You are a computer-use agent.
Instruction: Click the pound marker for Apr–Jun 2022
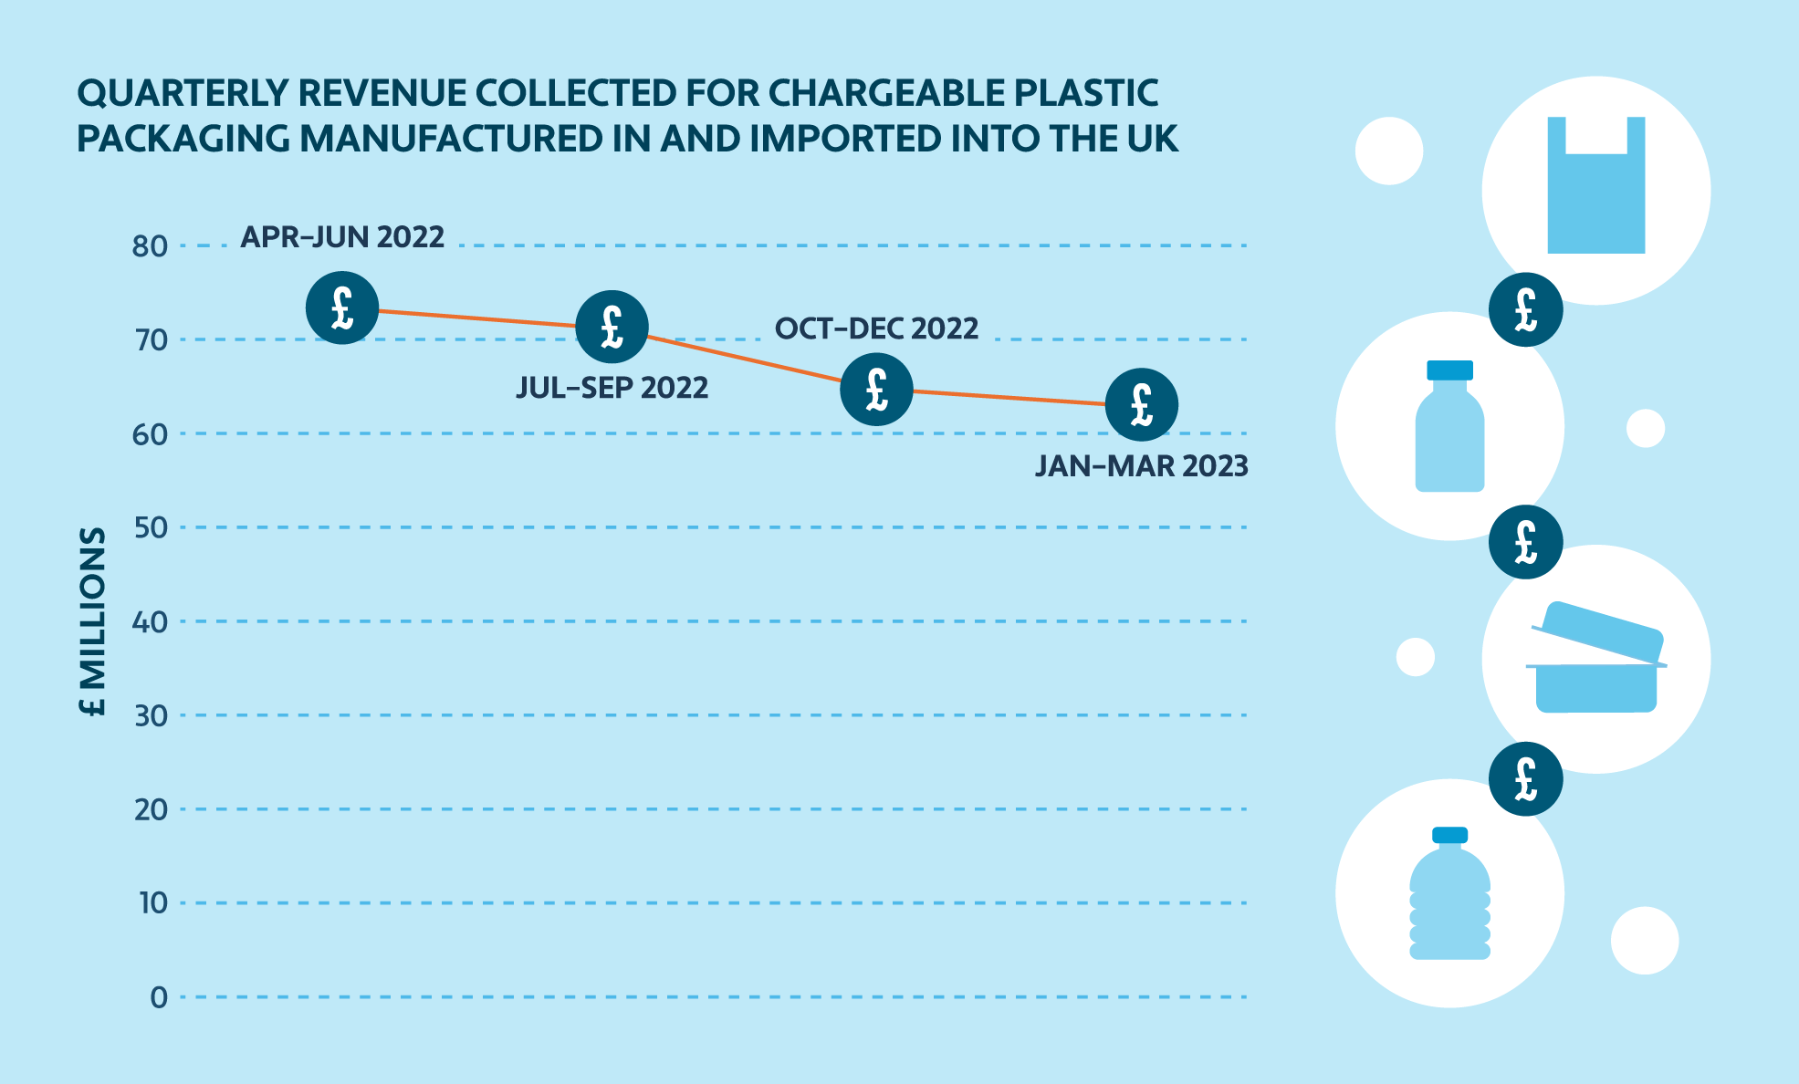point(342,307)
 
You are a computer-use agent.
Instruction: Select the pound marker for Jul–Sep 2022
point(612,327)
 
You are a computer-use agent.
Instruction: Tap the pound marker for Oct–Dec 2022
point(876,390)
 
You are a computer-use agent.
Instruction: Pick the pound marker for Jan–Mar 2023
point(1141,405)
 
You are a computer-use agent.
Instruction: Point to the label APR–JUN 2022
point(342,237)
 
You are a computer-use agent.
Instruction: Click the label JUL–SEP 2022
point(612,388)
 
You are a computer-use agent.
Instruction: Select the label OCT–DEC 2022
point(876,328)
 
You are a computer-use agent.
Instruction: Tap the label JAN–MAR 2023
point(1141,466)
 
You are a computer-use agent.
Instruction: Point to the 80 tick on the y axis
point(151,246)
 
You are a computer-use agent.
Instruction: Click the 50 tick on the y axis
point(151,527)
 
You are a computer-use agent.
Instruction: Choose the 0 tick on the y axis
point(159,997)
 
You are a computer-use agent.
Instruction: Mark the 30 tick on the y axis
point(151,715)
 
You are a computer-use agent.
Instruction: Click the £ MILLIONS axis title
point(93,621)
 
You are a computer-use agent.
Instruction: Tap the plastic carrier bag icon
point(1595,187)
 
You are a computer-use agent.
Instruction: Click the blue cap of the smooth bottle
point(1449,370)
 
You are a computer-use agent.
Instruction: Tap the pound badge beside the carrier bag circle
point(1525,309)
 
